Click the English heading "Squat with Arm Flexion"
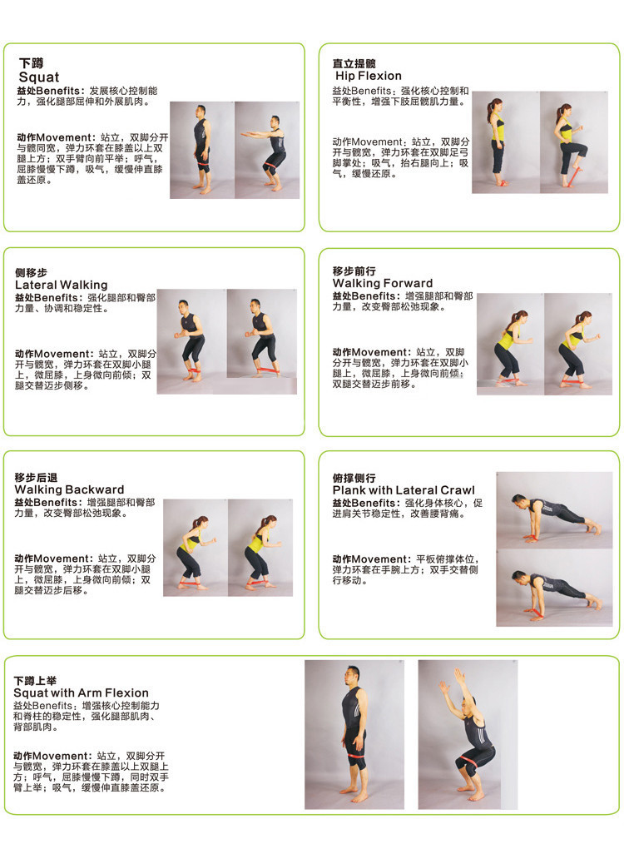(x=81, y=693)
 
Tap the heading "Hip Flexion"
(x=368, y=77)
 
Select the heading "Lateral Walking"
(x=61, y=285)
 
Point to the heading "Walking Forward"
(x=383, y=283)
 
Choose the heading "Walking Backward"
(x=69, y=489)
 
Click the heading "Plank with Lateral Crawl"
(x=404, y=490)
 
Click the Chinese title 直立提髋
(x=354, y=64)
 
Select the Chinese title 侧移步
(x=32, y=273)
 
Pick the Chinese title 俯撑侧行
(x=354, y=479)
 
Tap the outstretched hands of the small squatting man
(x=245, y=134)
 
